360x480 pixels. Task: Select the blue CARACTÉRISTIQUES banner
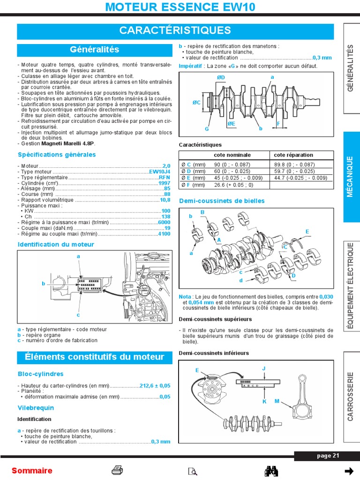pos(175,31)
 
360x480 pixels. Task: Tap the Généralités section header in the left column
pos(95,50)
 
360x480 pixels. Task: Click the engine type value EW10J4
pos(160,172)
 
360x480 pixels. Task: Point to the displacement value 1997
pos(164,183)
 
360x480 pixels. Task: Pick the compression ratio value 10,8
pos(165,200)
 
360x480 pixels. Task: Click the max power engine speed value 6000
pos(164,222)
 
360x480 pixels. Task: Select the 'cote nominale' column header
pos(232,155)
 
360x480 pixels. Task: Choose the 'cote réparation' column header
pos(293,155)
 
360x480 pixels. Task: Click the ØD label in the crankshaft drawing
pos(221,77)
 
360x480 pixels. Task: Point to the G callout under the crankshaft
pos(206,128)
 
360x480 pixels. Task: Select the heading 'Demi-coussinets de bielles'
pos(222,201)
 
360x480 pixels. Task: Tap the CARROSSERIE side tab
pos(350,396)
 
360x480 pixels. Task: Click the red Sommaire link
pos(32,471)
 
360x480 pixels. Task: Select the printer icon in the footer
pos(117,471)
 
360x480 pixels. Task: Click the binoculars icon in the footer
pos(272,471)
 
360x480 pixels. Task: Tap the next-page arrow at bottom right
pos(349,471)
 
